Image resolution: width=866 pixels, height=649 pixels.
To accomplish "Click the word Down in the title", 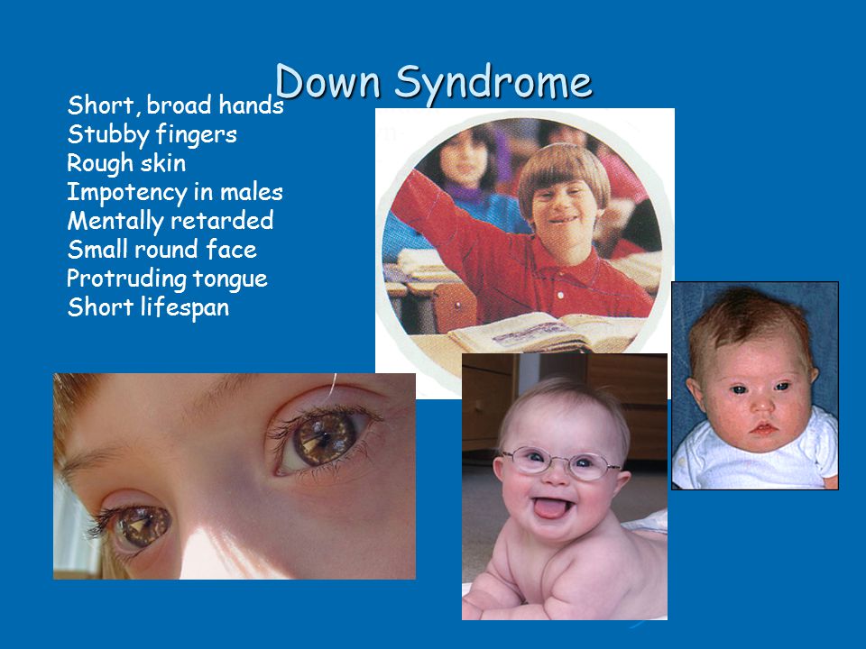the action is (327, 82).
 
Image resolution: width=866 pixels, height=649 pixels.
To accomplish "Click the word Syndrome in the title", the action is (493, 85).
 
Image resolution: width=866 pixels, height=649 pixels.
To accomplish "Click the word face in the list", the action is (231, 250).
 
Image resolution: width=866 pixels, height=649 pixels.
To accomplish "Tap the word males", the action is (252, 192).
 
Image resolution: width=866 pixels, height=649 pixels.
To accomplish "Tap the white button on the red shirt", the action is (560, 296).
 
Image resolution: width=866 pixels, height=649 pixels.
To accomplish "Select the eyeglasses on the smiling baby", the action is (561, 462).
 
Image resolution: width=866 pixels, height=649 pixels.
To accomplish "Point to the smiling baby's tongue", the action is (550, 508).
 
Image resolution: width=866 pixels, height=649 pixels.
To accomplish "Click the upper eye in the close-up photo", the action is (322, 439).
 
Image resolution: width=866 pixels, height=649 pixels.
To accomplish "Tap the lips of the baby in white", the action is (763, 428).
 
